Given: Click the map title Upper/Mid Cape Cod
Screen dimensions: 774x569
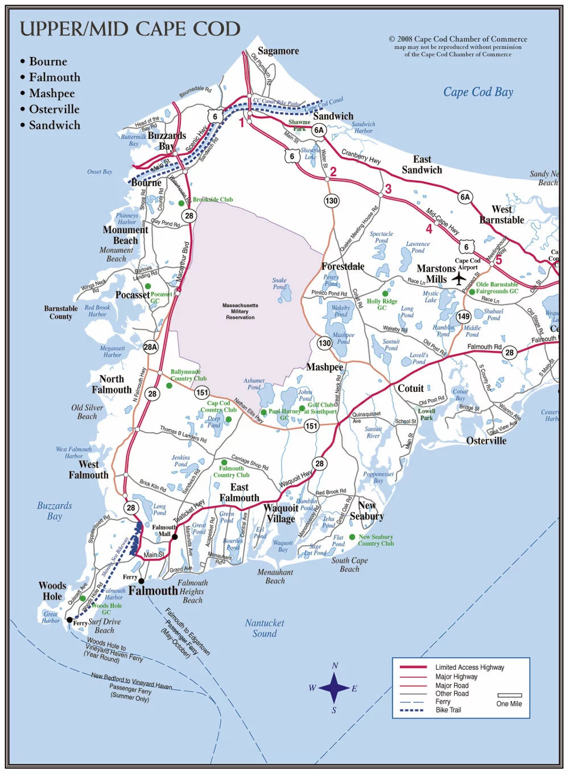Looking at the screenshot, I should click(130, 29).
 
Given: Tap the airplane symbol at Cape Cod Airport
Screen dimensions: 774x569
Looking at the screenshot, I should click(459, 279).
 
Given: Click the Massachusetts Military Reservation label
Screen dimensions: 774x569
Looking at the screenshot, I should click(240, 312).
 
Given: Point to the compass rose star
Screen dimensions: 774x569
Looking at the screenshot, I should click(334, 687).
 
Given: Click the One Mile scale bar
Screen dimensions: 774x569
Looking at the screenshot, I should click(509, 695).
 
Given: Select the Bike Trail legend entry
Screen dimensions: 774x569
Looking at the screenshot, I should click(448, 710).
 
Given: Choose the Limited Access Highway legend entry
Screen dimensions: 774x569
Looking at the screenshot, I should click(469, 667).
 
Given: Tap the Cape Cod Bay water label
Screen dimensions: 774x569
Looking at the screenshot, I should click(478, 92).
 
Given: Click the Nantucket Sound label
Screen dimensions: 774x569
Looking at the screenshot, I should click(265, 628).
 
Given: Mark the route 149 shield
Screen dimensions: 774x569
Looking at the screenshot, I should click(464, 316).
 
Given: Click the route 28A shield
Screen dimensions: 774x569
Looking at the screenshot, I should click(150, 347).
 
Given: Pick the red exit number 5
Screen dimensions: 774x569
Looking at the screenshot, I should click(498, 260).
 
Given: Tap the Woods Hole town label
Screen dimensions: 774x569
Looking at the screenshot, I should click(52, 591).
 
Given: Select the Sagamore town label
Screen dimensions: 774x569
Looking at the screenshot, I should click(278, 51).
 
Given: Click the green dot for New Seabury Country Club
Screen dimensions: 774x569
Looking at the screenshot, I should click(352, 537).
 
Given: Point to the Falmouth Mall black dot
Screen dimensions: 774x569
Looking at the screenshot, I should click(175, 537).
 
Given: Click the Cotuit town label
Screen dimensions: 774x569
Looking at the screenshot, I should click(410, 388).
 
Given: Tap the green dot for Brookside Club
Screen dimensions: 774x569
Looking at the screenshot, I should click(182, 203).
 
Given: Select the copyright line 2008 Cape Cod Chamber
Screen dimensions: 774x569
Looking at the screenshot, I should click(458, 39).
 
